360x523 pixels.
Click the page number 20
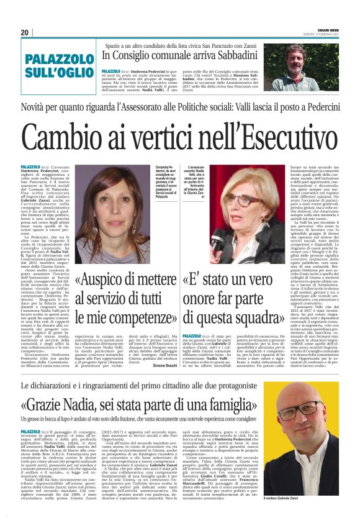tap(25, 32)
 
